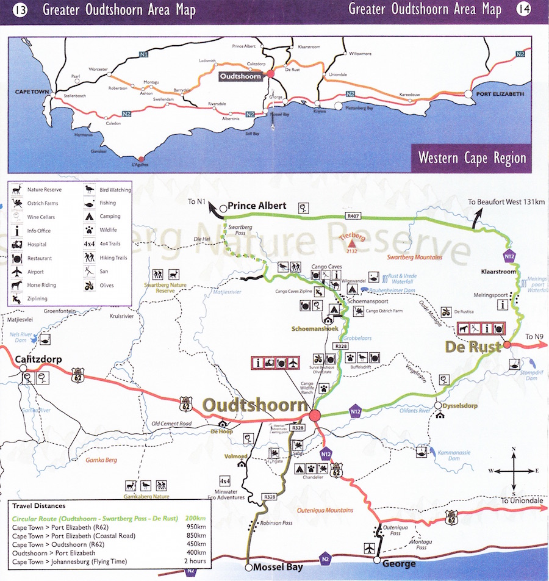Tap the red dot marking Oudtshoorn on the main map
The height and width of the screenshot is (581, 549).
(315, 416)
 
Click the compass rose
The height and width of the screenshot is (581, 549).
(514, 471)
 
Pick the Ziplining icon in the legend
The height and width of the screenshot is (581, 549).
(16, 298)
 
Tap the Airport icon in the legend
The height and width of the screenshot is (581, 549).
(17, 272)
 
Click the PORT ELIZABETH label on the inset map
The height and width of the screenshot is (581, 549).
(501, 94)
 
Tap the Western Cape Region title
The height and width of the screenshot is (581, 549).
(472, 157)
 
